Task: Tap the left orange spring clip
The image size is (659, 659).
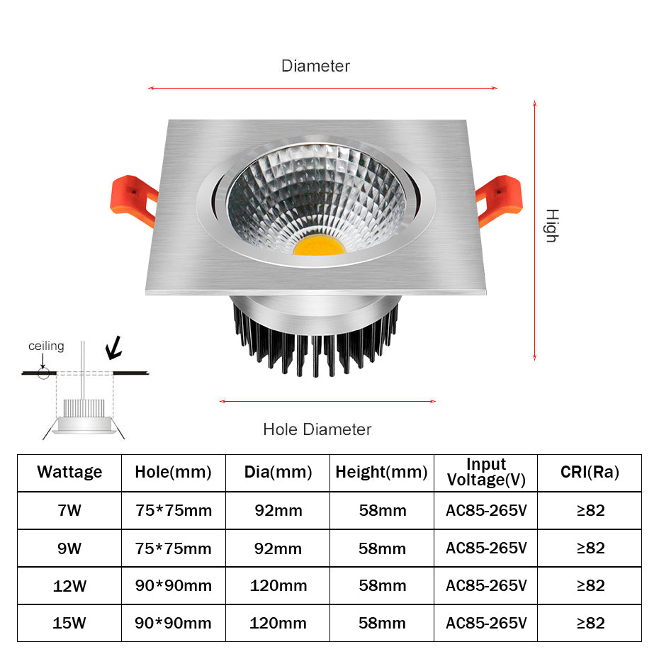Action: pyautogui.click(x=133, y=200)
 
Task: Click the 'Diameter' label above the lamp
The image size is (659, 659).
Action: pyautogui.click(x=315, y=66)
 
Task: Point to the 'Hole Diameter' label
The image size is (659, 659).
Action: pyautogui.click(x=317, y=429)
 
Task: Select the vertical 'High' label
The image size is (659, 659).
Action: pyautogui.click(x=551, y=226)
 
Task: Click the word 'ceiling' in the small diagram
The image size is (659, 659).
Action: pyautogui.click(x=46, y=347)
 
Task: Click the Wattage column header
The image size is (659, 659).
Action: pyautogui.click(x=69, y=472)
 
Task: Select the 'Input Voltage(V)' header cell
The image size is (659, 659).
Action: pyautogui.click(x=486, y=472)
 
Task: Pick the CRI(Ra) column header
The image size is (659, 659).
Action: pyautogui.click(x=590, y=472)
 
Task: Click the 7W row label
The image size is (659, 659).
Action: pyautogui.click(x=69, y=510)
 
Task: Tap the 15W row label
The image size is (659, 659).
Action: pyautogui.click(x=69, y=624)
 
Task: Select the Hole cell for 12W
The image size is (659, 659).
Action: pyautogui.click(x=173, y=586)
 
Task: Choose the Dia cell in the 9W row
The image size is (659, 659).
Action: pyautogui.click(x=278, y=548)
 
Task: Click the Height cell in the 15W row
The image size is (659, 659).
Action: pyautogui.click(x=381, y=624)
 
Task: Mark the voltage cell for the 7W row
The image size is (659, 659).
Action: pyautogui.click(x=486, y=510)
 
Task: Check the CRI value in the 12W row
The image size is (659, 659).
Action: pyautogui.click(x=590, y=586)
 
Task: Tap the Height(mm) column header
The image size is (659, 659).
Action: pyautogui.click(x=381, y=472)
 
